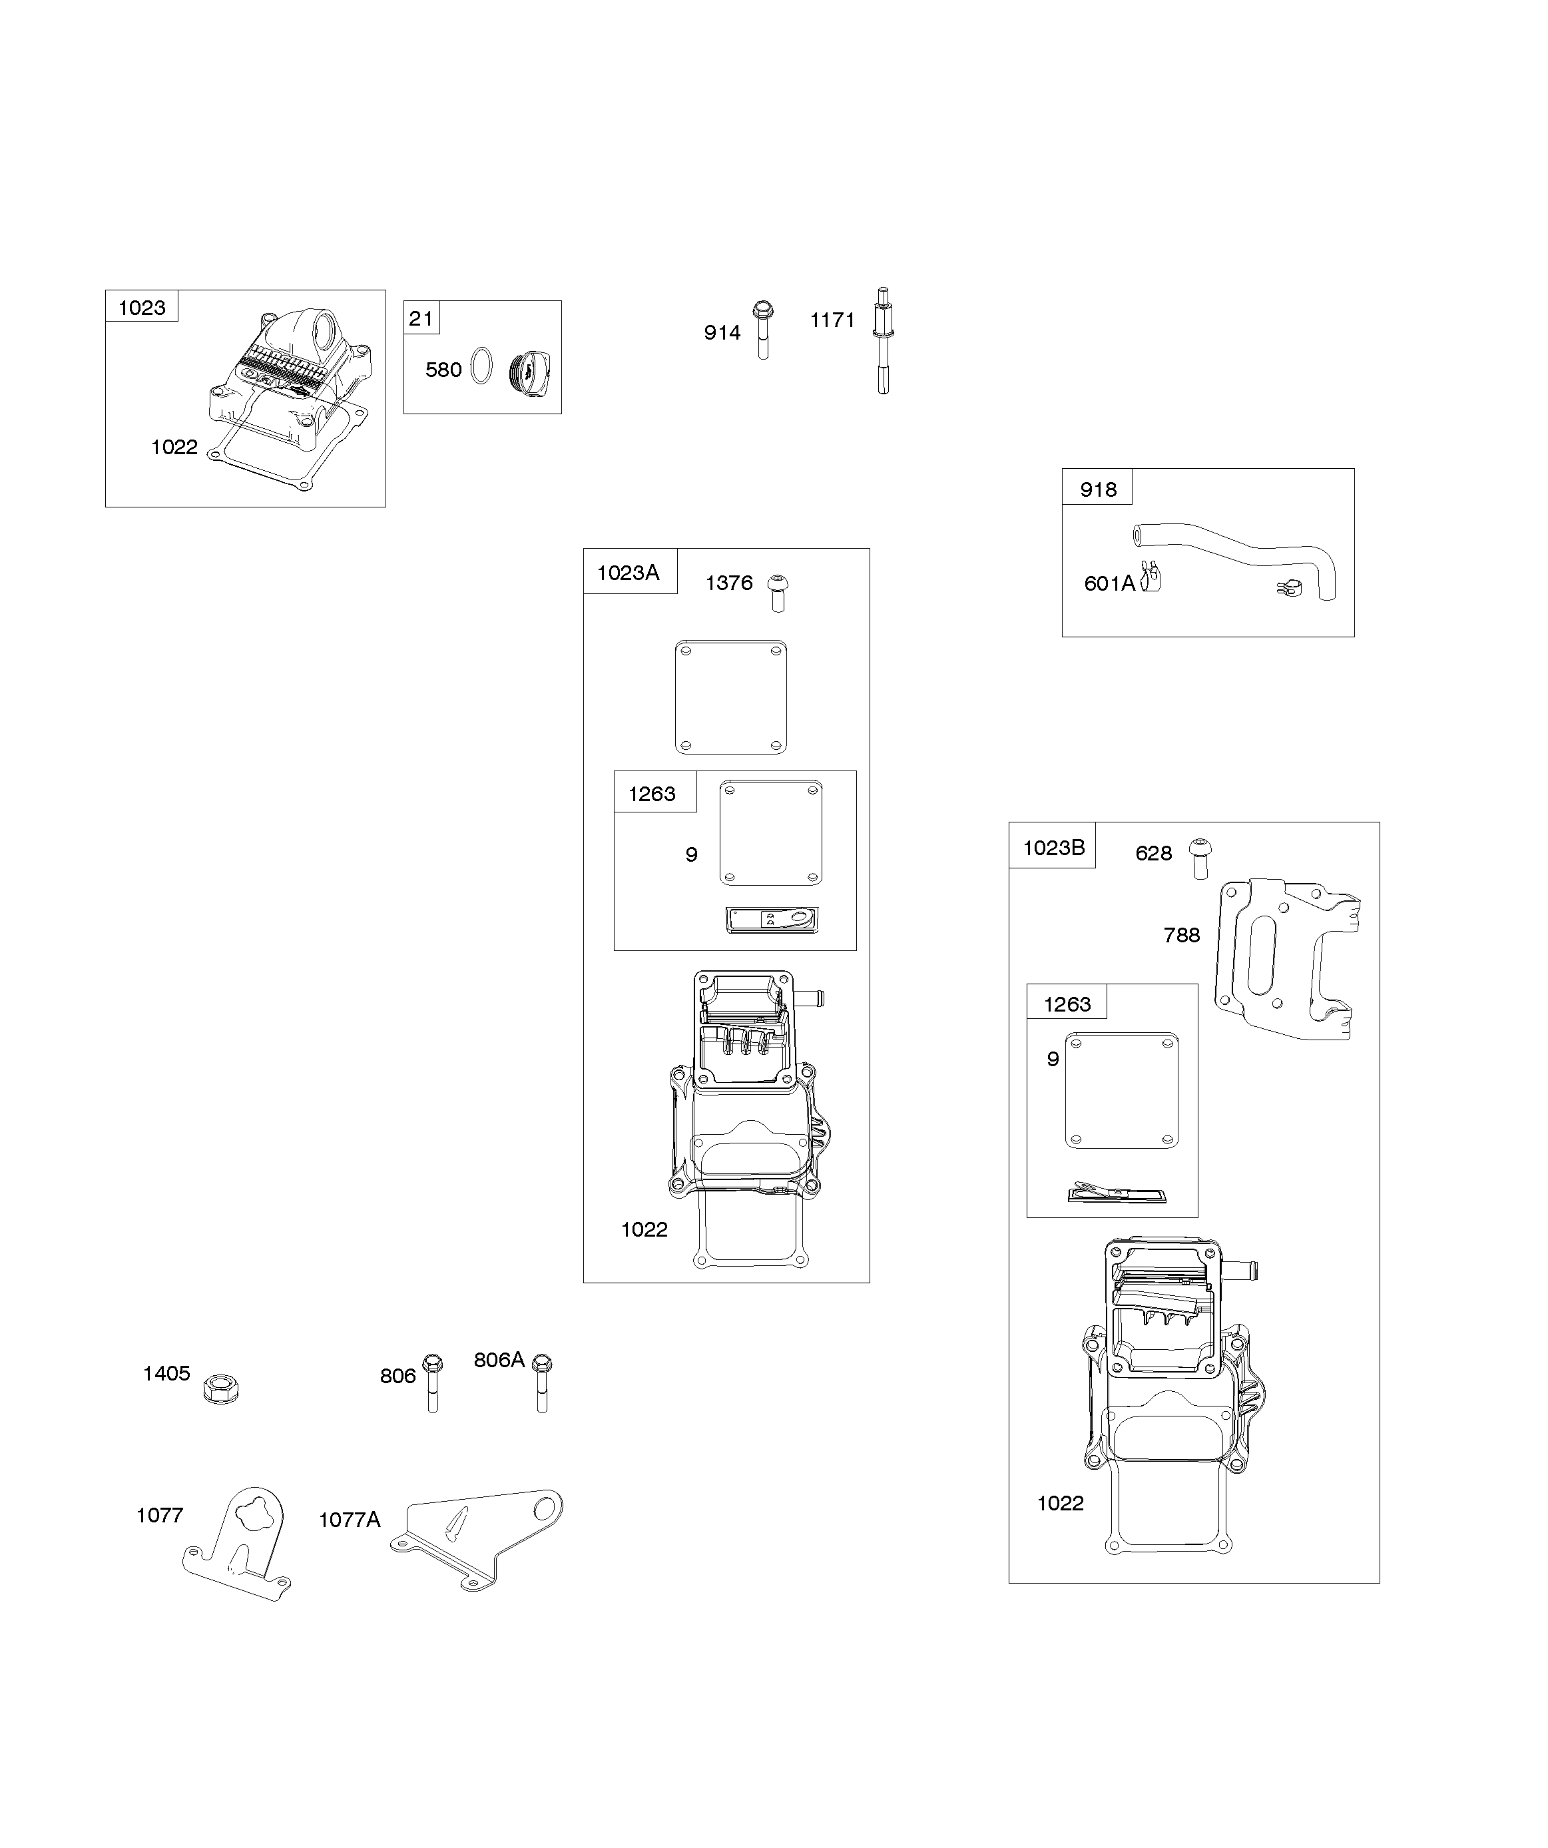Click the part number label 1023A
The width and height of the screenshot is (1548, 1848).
point(627,573)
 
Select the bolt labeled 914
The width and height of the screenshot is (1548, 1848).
point(763,330)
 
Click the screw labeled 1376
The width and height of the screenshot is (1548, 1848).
point(778,594)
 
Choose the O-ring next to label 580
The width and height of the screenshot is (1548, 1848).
point(481,366)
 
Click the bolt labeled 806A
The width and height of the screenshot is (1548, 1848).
point(542,1383)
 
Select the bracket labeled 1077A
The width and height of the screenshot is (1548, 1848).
point(476,1538)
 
